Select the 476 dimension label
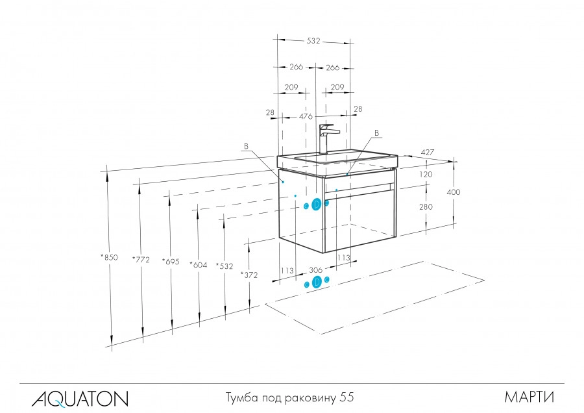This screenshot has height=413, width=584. click(306, 117)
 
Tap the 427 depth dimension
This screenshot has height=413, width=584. click(427, 153)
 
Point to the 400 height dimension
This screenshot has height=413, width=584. click(453, 192)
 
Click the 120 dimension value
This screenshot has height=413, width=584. click(426, 175)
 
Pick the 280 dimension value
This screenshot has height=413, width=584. click(426, 206)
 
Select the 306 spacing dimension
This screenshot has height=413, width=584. click(316, 270)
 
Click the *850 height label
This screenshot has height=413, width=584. click(109, 257)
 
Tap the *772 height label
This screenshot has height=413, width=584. click(141, 260)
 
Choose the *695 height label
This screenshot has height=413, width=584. click(170, 262)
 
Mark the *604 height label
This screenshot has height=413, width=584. click(198, 264)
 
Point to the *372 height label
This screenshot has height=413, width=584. click(249, 275)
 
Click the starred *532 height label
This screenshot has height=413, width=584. click(224, 266)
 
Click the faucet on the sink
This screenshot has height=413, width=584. click(327, 137)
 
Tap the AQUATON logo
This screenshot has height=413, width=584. click(80, 397)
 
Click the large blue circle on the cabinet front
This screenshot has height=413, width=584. click(316, 205)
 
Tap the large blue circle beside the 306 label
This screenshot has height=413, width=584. click(317, 282)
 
